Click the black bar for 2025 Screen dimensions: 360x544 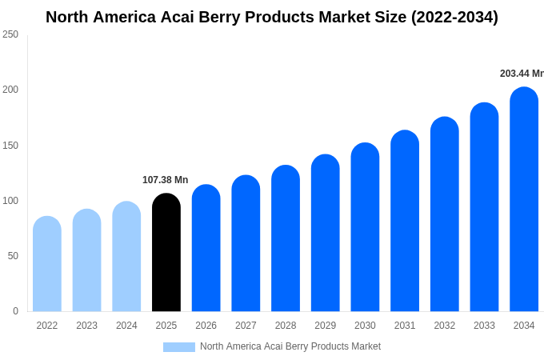pos(166,253)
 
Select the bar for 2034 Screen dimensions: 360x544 pos(524,200)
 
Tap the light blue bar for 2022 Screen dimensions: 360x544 pos(47,264)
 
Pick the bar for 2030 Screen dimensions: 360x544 pos(365,228)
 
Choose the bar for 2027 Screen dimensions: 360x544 pos(246,244)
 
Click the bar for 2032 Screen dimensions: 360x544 pos(445,214)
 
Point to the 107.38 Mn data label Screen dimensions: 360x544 pos(165,180)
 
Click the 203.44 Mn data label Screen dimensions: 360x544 pos(521,74)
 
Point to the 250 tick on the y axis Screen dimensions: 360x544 pos(10,34)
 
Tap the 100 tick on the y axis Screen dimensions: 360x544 pos(10,201)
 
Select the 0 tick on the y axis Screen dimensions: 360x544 pos(15,311)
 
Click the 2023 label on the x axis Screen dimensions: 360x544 pos(86,326)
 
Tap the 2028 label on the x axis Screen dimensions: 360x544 pos(286,326)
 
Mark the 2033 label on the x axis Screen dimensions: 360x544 pos(484,326)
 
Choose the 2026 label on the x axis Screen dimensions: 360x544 pos(206,326)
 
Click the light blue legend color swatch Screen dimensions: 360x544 pos(179,347)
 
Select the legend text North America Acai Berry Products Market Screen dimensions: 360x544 pos(290,346)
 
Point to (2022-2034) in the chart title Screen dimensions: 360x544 pos(454,17)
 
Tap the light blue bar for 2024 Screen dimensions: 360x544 pos(126,257)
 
